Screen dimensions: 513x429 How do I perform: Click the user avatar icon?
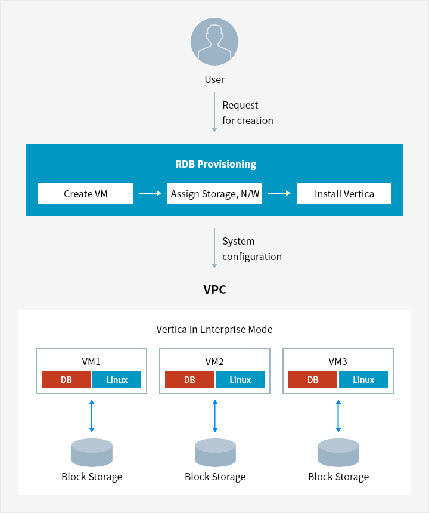click(x=214, y=42)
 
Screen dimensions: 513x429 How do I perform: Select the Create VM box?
click(x=85, y=194)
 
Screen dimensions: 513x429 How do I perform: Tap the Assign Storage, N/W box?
click(x=214, y=194)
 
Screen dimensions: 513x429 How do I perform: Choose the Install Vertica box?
click(x=344, y=194)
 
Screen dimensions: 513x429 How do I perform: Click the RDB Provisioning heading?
click(x=215, y=164)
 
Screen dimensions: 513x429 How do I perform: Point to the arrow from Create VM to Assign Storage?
click(x=150, y=193)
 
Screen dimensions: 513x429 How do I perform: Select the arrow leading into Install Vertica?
click(x=279, y=193)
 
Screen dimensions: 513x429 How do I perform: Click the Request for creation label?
click(x=247, y=113)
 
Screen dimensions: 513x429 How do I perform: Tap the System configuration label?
click(x=251, y=249)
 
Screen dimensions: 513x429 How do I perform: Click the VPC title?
click(x=214, y=290)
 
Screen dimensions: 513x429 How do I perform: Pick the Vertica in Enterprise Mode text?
click(x=214, y=329)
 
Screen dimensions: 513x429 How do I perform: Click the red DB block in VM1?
click(x=66, y=380)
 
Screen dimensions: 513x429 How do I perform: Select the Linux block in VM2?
click(x=240, y=380)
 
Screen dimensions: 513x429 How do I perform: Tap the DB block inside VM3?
click(x=313, y=380)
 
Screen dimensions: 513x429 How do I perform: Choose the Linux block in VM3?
click(x=363, y=380)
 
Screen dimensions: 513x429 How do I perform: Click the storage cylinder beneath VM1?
click(x=92, y=452)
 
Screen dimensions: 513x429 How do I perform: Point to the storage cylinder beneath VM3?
click(x=338, y=452)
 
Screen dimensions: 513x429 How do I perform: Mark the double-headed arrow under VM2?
click(x=214, y=416)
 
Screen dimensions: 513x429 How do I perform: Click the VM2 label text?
click(x=214, y=361)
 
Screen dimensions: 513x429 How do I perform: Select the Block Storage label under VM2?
click(x=215, y=477)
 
